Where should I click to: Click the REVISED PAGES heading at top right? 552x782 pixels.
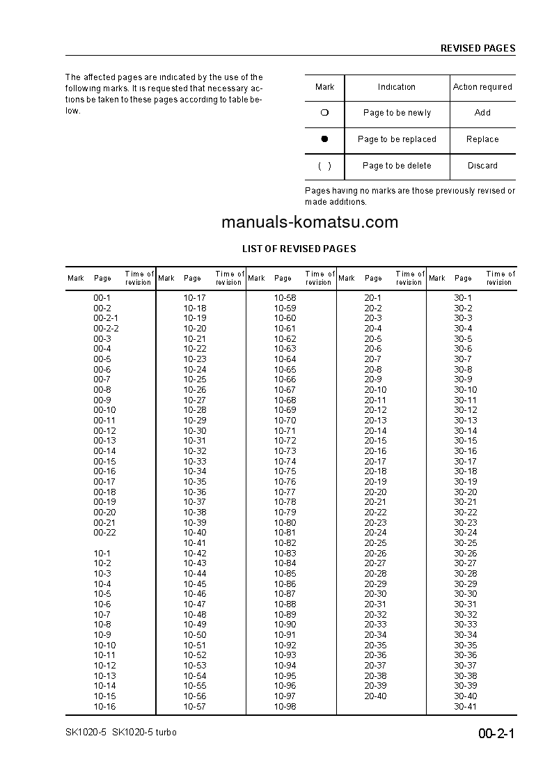(478, 48)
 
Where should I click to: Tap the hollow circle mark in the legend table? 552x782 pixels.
(324, 113)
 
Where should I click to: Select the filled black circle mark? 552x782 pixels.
(324, 139)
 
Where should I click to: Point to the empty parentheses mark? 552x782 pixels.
(324, 166)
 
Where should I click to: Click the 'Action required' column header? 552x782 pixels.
(482, 87)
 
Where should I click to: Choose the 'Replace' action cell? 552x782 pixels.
(482, 139)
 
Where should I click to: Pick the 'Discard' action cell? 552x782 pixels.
(482, 166)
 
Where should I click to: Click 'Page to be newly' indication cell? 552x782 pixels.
(397, 113)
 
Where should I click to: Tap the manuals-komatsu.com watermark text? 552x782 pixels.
(310, 222)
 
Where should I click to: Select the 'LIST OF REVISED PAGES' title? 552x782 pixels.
(299, 249)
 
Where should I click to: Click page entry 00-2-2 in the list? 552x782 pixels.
(106, 329)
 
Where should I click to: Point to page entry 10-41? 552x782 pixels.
(195, 543)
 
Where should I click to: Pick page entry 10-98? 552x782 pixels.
(285, 706)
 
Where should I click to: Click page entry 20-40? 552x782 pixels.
(375, 696)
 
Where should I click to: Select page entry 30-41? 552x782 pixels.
(466, 706)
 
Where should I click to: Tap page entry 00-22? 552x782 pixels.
(104, 533)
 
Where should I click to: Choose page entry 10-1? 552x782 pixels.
(102, 553)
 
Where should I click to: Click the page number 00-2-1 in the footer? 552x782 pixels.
(496, 733)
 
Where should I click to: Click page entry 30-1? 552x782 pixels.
(463, 298)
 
